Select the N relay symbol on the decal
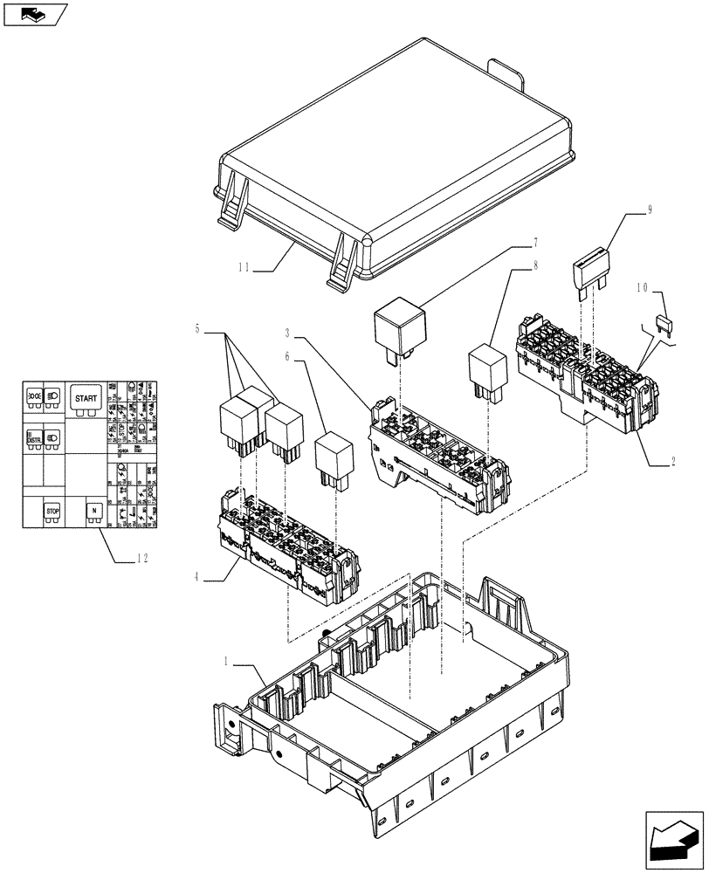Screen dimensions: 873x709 click(x=93, y=511)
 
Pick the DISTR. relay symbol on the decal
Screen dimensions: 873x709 click(x=34, y=436)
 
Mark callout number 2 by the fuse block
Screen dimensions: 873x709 click(x=673, y=464)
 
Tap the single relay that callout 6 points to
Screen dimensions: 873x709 click(x=333, y=455)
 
